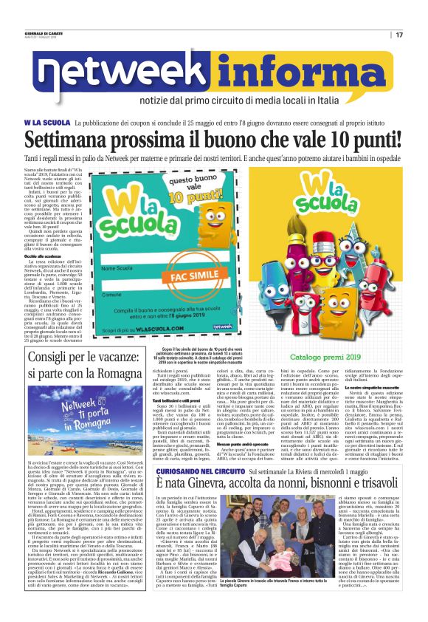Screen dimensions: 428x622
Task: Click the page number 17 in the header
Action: [399, 35]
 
